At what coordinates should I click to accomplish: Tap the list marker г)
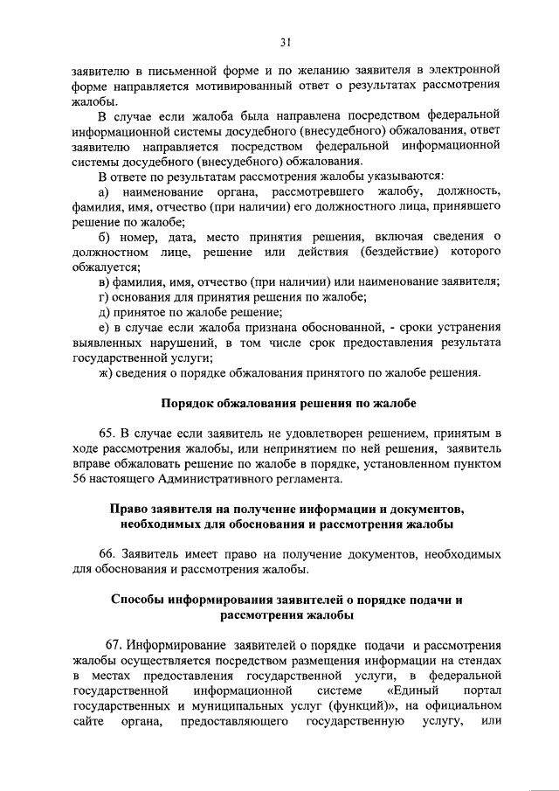pyautogui.click(x=103, y=297)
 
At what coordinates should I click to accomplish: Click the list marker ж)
pyautogui.click(x=106, y=373)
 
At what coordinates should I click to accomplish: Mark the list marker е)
pyautogui.click(x=103, y=327)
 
